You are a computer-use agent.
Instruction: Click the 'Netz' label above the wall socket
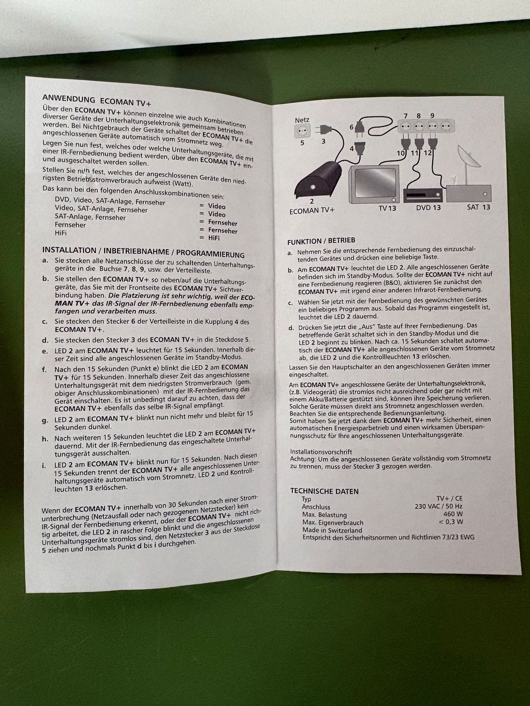pos(302,120)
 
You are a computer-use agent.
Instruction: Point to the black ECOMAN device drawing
pos(319,180)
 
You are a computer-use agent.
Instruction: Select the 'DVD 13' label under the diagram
pos(428,208)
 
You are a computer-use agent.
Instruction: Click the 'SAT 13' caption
pos(479,207)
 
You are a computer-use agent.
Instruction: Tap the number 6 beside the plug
pos(352,127)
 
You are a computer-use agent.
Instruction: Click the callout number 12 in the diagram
pos(427,153)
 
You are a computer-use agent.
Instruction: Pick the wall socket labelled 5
pos(302,131)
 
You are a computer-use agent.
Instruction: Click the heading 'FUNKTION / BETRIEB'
pos(321,241)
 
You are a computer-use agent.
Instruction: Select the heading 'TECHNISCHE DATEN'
pos(324,491)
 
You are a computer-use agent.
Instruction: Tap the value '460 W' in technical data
pos(453,514)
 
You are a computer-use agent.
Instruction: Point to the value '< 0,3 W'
pos(451,521)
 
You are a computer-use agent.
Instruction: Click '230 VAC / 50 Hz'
pos(439,506)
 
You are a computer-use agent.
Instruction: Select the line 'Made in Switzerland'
pos(332,530)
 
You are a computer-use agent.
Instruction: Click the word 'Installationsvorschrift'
pos(321,452)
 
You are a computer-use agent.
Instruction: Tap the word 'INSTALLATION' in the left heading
pos(69,250)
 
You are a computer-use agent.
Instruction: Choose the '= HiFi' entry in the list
pos(209,238)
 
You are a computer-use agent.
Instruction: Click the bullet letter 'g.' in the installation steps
pos(45,420)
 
